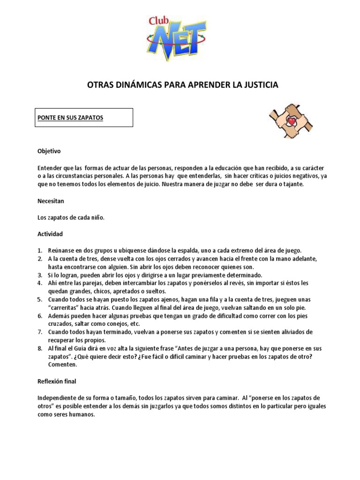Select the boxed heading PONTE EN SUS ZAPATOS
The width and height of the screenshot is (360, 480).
(x=70, y=118)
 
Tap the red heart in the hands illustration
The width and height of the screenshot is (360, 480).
(x=291, y=121)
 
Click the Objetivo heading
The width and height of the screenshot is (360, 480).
(x=49, y=151)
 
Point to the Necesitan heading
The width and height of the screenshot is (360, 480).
(x=51, y=201)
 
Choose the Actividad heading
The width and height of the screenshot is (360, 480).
(x=50, y=233)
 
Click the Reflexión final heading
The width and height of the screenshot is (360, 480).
(x=57, y=382)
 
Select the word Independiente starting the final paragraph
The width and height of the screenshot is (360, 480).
(x=57, y=398)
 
